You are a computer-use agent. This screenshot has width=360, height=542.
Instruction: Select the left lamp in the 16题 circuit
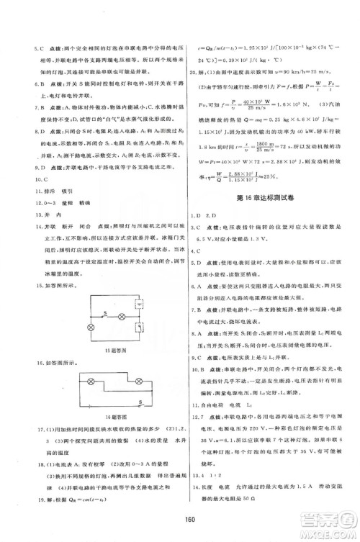tap(92, 379)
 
